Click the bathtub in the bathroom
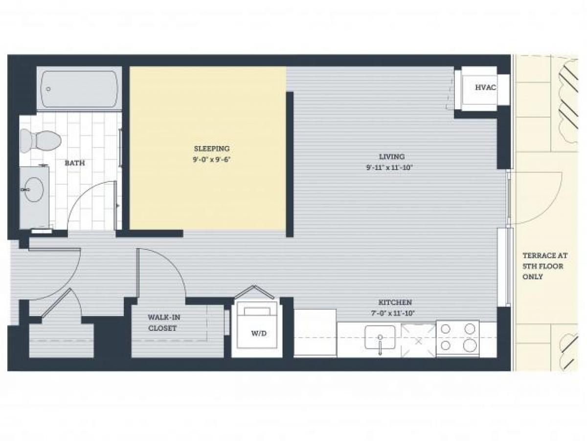pyautogui.click(x=80, y=90)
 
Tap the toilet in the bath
pyautogui.click(x=41, y=141)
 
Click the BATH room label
pyautogui.click(x=74, y=163)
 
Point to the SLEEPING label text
pyautogui.click(x=211, y=148)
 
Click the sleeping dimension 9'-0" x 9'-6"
pyautogui.click(x=211, y=159)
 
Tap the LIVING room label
pyautogui.click(x=391, y=157)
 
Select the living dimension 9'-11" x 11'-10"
pyautogui.click(x=390, y=168)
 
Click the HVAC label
pyautogui.click(x=485, y=88)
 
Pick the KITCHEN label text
pyautogui.click(x=394, y=302)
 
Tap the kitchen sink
pyautogui.click(x=380, y=338)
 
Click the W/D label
pyautogui.click(x=259, y=334)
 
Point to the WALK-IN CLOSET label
pyautogui.click(x=162, y=322)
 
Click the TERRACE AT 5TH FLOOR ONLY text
pyautogui.click(x=542, y=266)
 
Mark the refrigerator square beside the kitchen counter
pyautogui.click(x=315, y=332)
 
